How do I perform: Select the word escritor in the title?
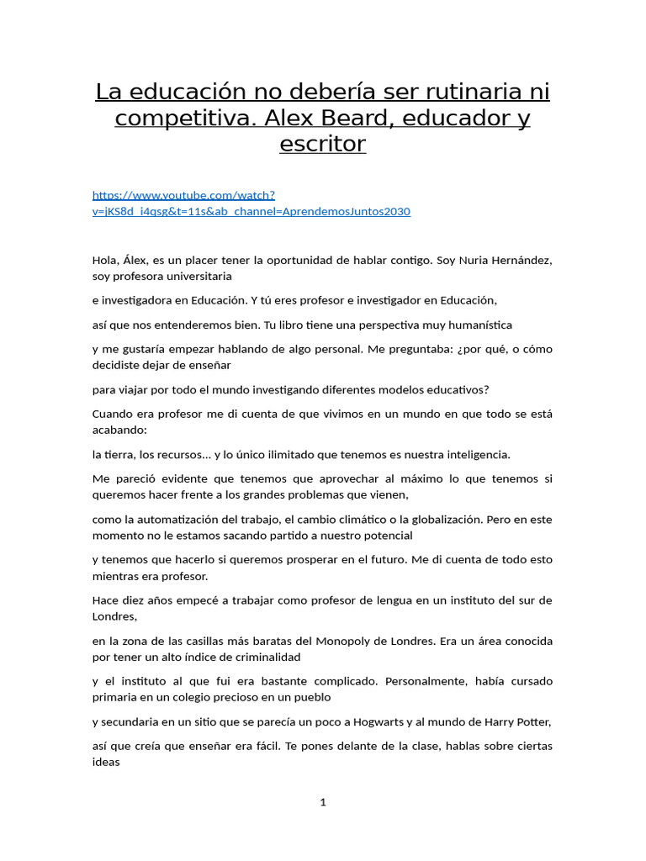(x=323, y=144)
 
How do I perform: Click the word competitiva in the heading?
(x=177, y=118)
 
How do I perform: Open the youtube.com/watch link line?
(x=183, y=195)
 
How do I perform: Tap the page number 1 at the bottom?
(x=323, y=803)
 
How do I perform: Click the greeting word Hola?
(x=105, y=261)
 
